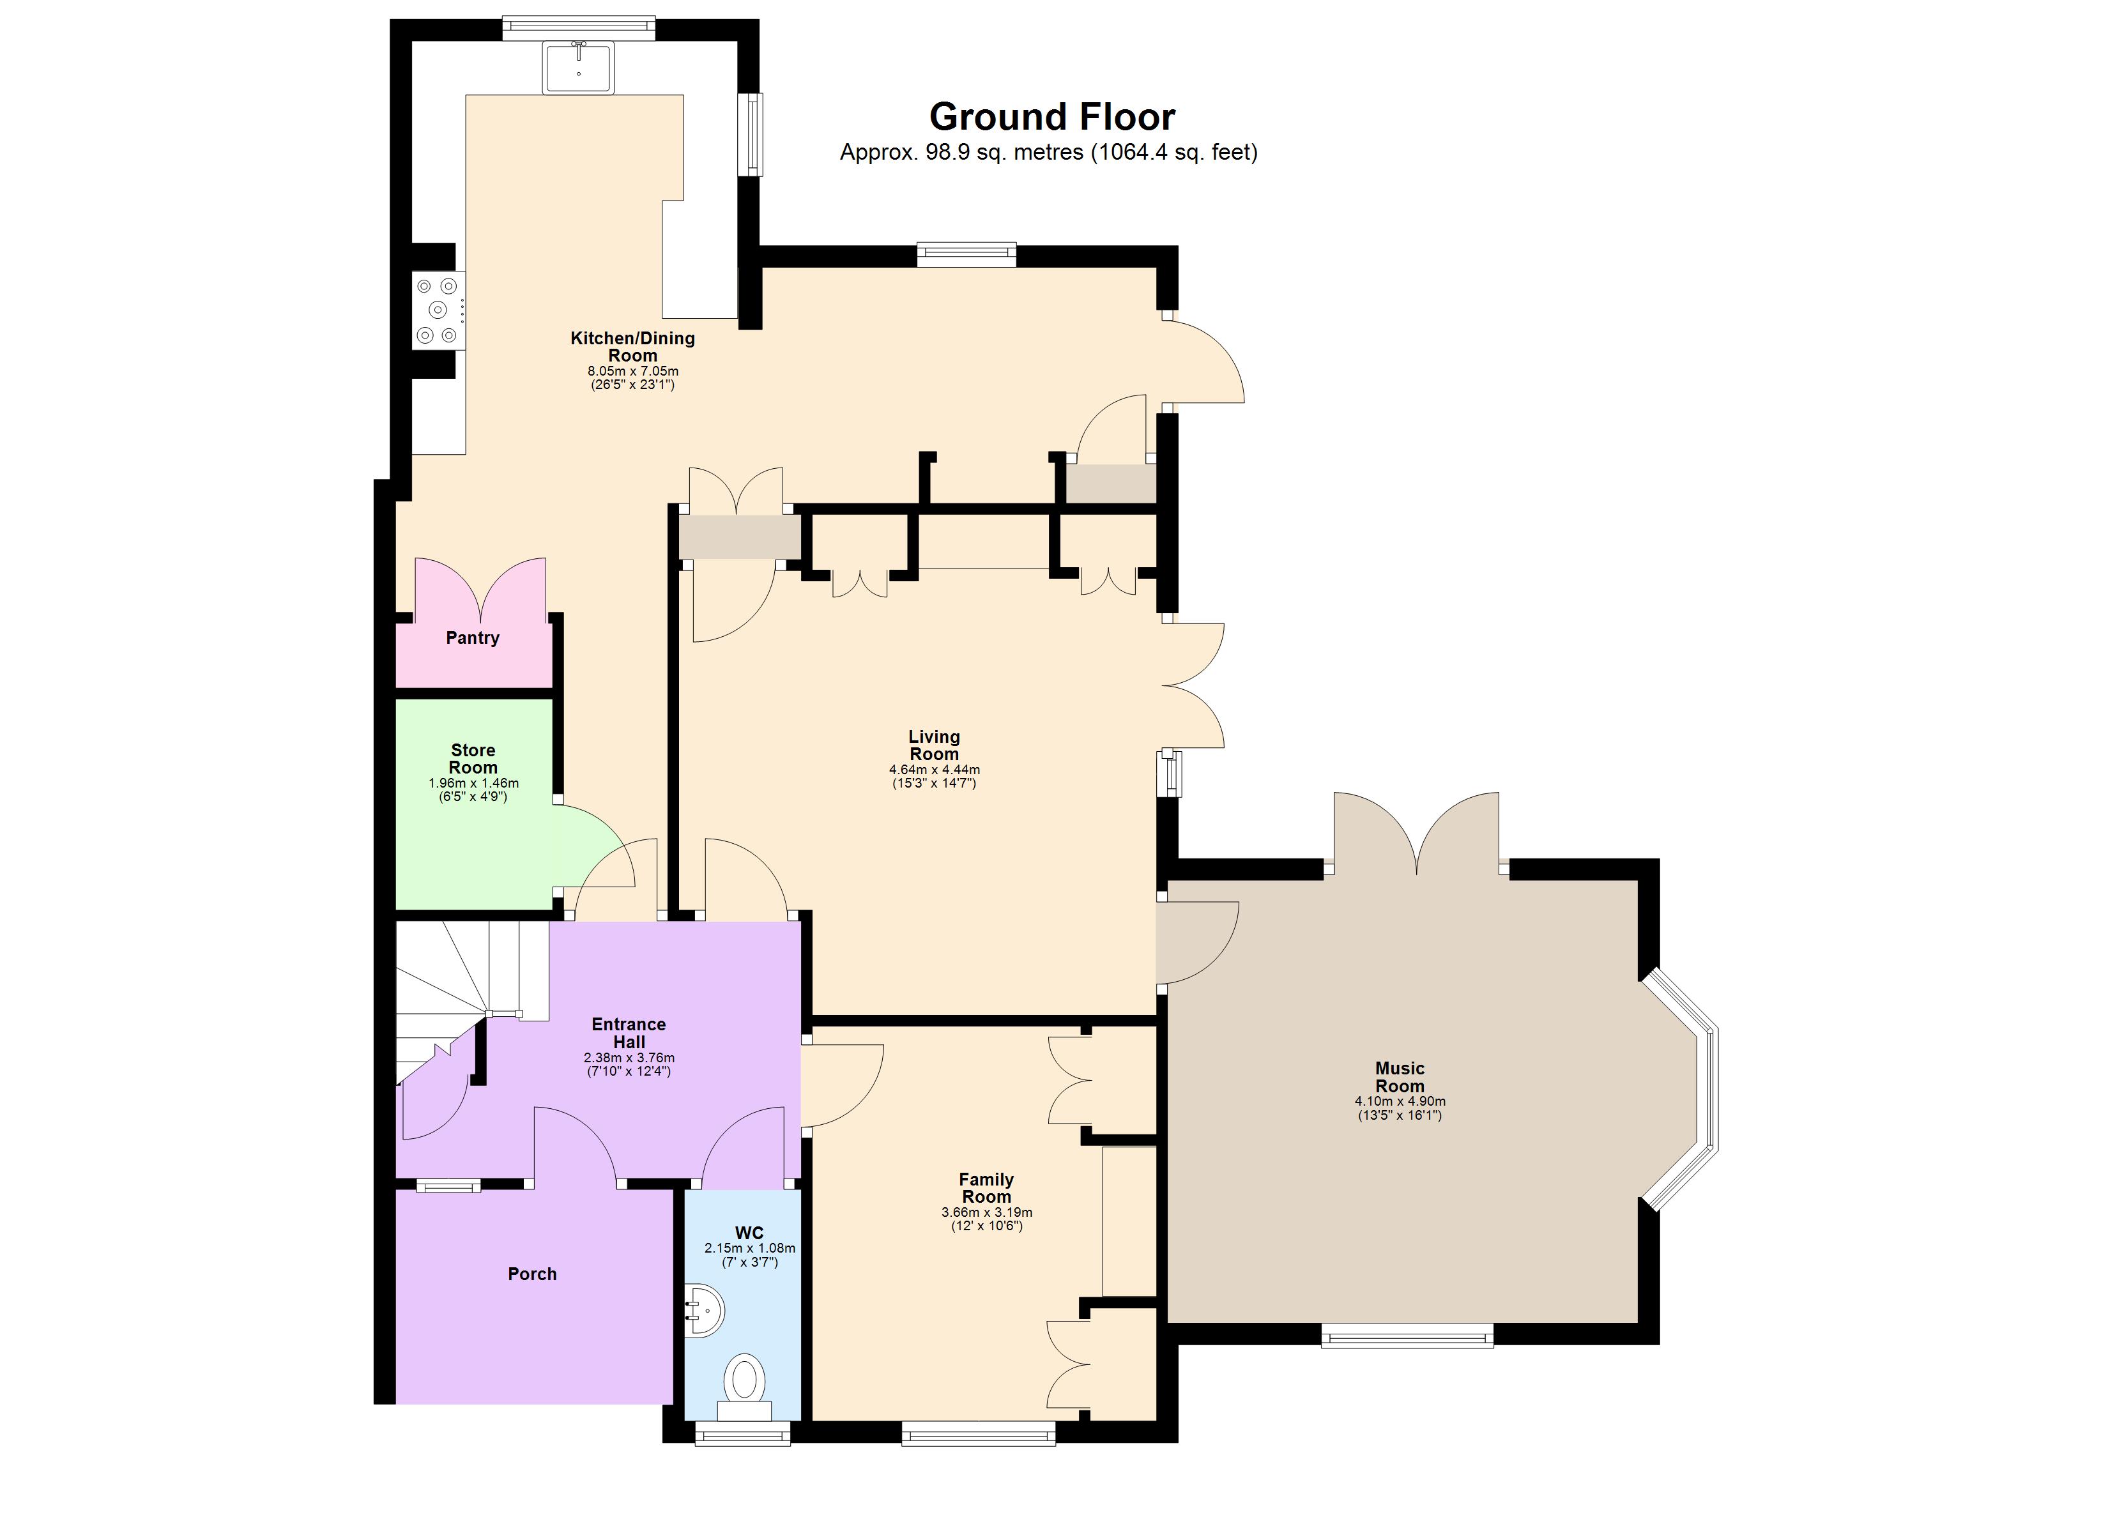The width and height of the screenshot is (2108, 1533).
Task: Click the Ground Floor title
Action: tap(1051, 117)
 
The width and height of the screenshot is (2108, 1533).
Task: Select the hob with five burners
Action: tap(438, 310)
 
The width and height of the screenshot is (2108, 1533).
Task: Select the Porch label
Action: tap(531, 1274)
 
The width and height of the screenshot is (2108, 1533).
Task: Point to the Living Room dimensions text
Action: tap(934, 776)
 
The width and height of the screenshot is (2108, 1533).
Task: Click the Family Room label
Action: tap(986, 1188)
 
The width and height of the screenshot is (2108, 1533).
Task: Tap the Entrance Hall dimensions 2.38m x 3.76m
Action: tap(629, 1064)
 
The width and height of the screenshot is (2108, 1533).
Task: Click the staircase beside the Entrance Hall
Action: tap(455, 986)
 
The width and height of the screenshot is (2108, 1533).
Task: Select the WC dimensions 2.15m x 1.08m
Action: tap(749, 1255)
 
